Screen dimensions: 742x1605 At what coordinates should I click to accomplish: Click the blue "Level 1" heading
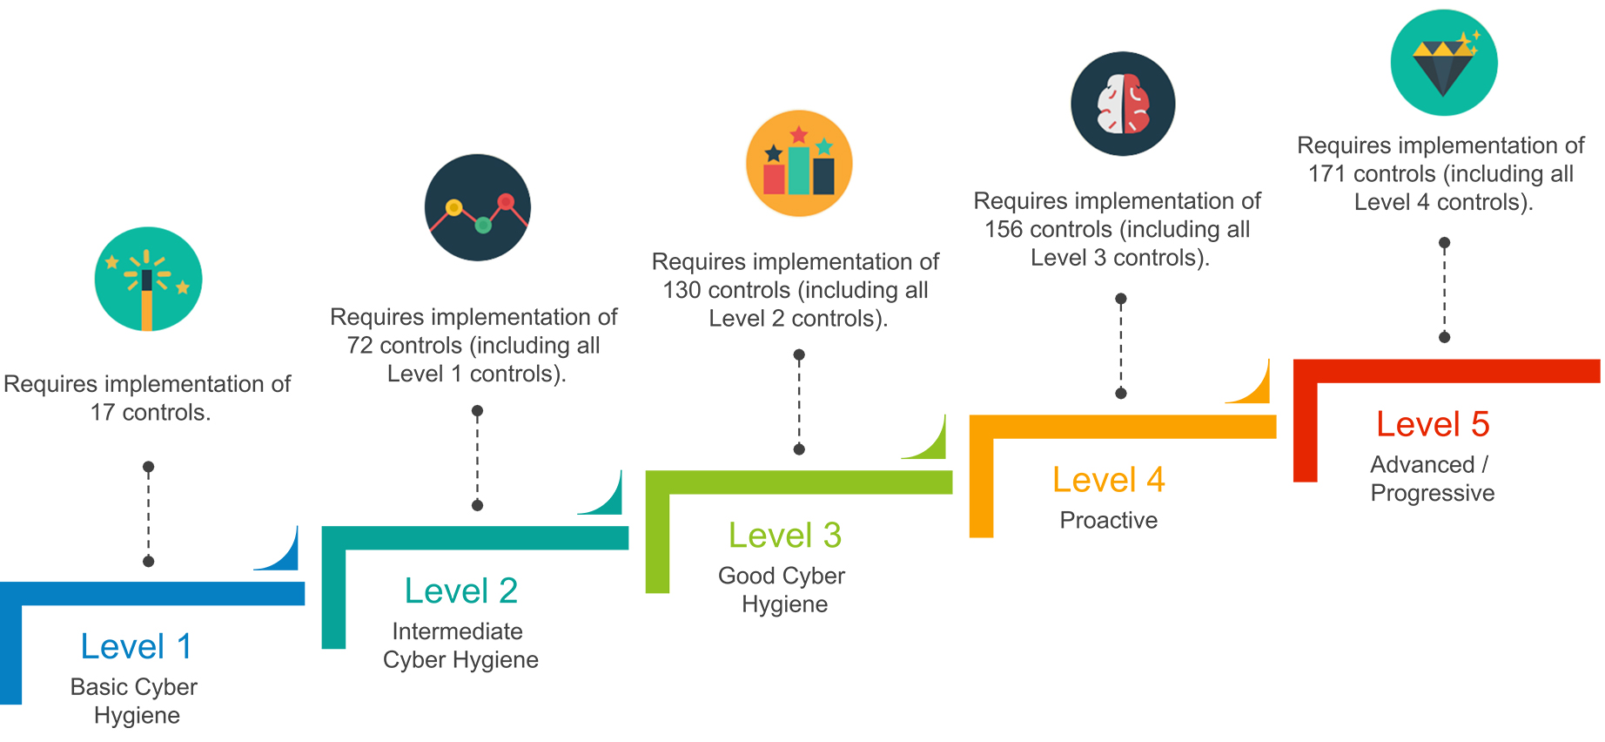pyautogui.click(x=136, y=647)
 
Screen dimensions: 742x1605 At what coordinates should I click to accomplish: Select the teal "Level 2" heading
pyautogui.click(x=460, y=591)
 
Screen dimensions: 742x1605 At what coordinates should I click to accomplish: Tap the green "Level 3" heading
pyautogui.click(x=784, y=536)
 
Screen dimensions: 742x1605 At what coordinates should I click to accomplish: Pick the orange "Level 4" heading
pyautogui.click(x=1108, y=480)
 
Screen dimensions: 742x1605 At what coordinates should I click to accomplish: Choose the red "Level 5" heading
pyautogui.click(x=1433, y=425)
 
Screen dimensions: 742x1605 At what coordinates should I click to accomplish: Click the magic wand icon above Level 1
pyautogui.click(x=148, y=280)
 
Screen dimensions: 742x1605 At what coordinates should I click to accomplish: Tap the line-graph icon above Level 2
pyautogui.click(x=478, y=208)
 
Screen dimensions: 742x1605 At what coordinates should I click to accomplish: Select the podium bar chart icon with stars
pyautogui.click(x=799, y=164)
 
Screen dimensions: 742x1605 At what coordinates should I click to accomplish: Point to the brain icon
pyautogui.click(x=1123, y=104)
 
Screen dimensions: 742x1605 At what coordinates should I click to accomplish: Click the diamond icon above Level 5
pyautogui.click(x=1444, y=63)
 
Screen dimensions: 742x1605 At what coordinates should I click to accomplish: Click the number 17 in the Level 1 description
pyautogui.click(x=103, y=413)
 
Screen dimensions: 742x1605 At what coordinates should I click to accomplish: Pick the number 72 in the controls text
pyautogui.click(x=360, y=346)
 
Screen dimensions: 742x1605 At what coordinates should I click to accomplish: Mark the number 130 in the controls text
pyautogui.click(x=682, y=290)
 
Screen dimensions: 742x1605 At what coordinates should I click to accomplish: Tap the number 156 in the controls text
pyautogui.click(x=1004, y=230)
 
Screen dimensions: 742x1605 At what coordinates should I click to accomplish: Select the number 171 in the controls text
pyautogui.click(x=1327, y=174)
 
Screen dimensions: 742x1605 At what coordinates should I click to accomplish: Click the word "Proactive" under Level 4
pyautogui.click(x=1108, y=521)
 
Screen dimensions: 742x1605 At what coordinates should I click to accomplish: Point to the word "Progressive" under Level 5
pyautogui.click(x=1432, y=493)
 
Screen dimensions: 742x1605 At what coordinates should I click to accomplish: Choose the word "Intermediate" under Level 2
pyautogui.click(x=457, y=631)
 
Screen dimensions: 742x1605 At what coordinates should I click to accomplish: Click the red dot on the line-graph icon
pyautogui.click(x=507, y=202)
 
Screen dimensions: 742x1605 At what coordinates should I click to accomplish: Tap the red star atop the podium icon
pyautogui.click(x=799, y=135)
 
